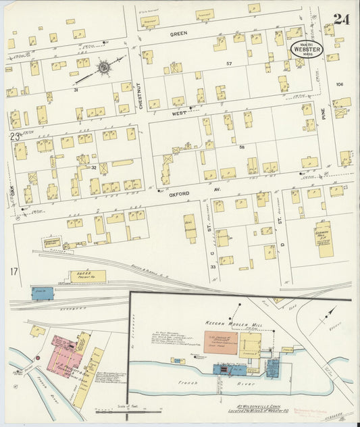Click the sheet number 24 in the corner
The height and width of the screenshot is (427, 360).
[x=341, y=19]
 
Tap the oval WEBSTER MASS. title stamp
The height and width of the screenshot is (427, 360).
[x=306, y=49]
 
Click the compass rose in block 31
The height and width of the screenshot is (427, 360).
[x=103, y=68]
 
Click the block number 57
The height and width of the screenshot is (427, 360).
[x=229, y=64]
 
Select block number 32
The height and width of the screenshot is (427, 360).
[x=94, y=168]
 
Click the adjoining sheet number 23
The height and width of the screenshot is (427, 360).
[x=15, y=136]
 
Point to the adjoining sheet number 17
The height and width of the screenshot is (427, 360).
[x=14, y=272]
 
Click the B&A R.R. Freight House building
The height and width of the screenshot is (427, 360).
[x=88, y=276]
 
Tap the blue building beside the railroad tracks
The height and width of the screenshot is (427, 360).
[x=42, y=293]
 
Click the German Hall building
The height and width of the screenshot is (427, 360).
[x=324, y=240]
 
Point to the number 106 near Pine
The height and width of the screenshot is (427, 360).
[x=339, y=84]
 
